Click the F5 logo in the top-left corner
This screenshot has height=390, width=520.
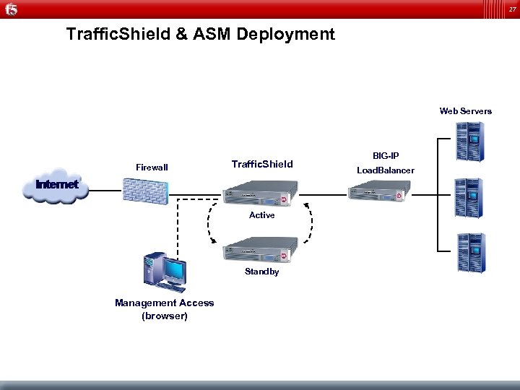click(x=11, y=9)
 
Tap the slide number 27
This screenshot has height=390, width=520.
click(x=510, y=9)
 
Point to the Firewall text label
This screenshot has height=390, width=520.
click(x=152, y=168)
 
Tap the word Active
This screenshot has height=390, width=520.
click(x=261, y=215)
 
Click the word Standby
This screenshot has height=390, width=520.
click(x=261, y=272)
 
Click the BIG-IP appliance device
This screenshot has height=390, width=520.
click(x=381, y=192)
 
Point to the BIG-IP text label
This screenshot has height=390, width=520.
click(x=386, y=156)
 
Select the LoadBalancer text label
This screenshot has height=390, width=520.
click(x=386, y=170)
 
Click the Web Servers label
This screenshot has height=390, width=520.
click(x=465, y=111)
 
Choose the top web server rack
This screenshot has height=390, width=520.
click(x=469, y=141)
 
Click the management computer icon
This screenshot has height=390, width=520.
click(x=164, y=271)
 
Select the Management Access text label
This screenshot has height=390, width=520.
click(x=165, y=303)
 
